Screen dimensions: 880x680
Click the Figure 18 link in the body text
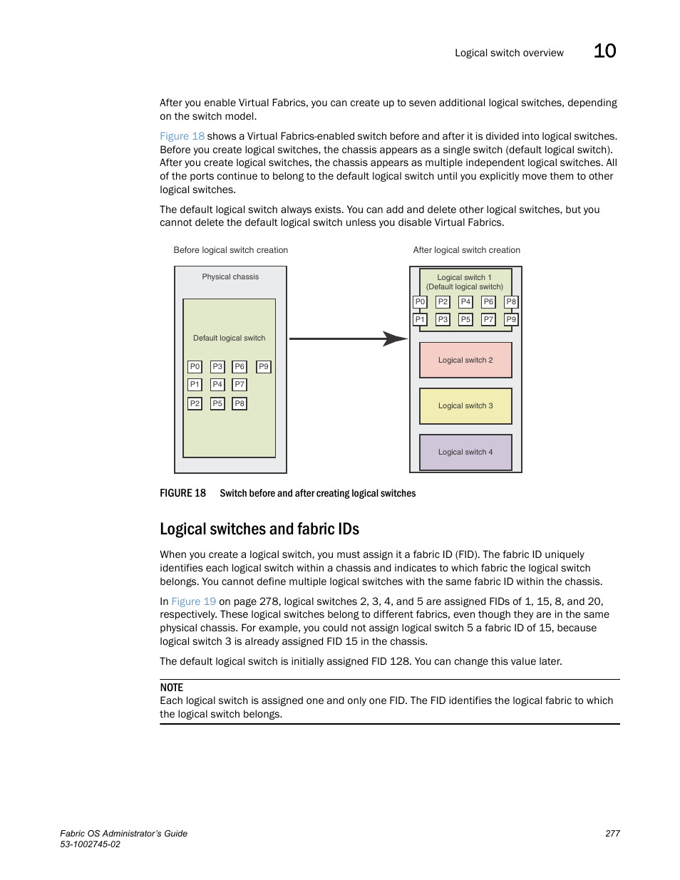182,136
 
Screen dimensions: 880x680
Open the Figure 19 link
193,601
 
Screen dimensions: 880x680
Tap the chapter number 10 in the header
604,51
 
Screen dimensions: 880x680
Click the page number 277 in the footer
612,833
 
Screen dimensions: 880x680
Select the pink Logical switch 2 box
465,360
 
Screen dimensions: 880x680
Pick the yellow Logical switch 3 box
465,405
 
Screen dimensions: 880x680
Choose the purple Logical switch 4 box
465,452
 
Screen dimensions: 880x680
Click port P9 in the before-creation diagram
264,366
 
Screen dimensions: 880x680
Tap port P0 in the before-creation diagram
195,366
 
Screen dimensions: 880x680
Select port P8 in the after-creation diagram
511,301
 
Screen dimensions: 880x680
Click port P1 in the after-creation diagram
420,319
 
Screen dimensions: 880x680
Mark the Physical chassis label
230,276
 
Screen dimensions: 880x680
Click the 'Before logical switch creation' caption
230,250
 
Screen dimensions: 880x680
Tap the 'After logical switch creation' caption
466,250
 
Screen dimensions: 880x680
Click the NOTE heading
171,688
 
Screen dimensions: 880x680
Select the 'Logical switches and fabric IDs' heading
259,529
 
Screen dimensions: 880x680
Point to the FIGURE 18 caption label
182,493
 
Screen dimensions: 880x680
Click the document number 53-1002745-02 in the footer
90,844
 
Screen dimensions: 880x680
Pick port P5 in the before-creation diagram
217,403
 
